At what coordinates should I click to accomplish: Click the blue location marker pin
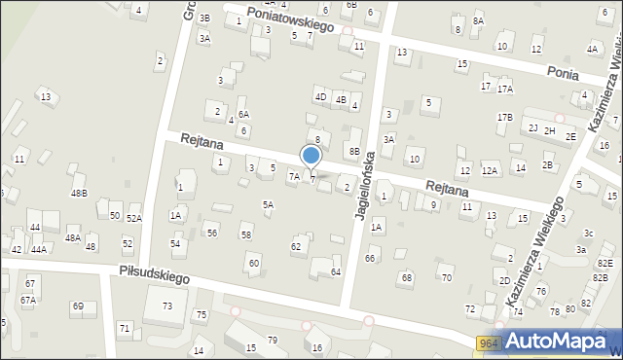click(x=311, y=156)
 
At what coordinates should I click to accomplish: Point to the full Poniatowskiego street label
click(x=290, y=19)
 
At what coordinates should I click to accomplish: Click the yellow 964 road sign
click(x=489, y=342)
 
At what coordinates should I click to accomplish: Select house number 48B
click(x=79, y=193)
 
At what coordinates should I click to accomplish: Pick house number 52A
click(x=133, y=219)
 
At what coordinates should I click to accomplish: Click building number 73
click(x=167, y=306)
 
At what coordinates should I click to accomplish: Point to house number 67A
click(x=28, y=300)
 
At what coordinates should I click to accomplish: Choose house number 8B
click(x=355, y=152)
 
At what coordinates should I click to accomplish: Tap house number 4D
click(x=319, y=96)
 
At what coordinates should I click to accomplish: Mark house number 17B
click(x=504, y=118)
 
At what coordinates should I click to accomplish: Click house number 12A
click(x=490, y=171)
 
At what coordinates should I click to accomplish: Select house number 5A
click(x=268, y=204)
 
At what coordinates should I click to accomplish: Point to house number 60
click(x=253, y=263)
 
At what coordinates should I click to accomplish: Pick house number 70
click(x=447, y=278)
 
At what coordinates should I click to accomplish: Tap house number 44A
click(x=38, y=249)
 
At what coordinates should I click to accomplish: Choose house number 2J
click(x=532, y=127)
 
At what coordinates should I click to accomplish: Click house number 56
click(x=212, y=234)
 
